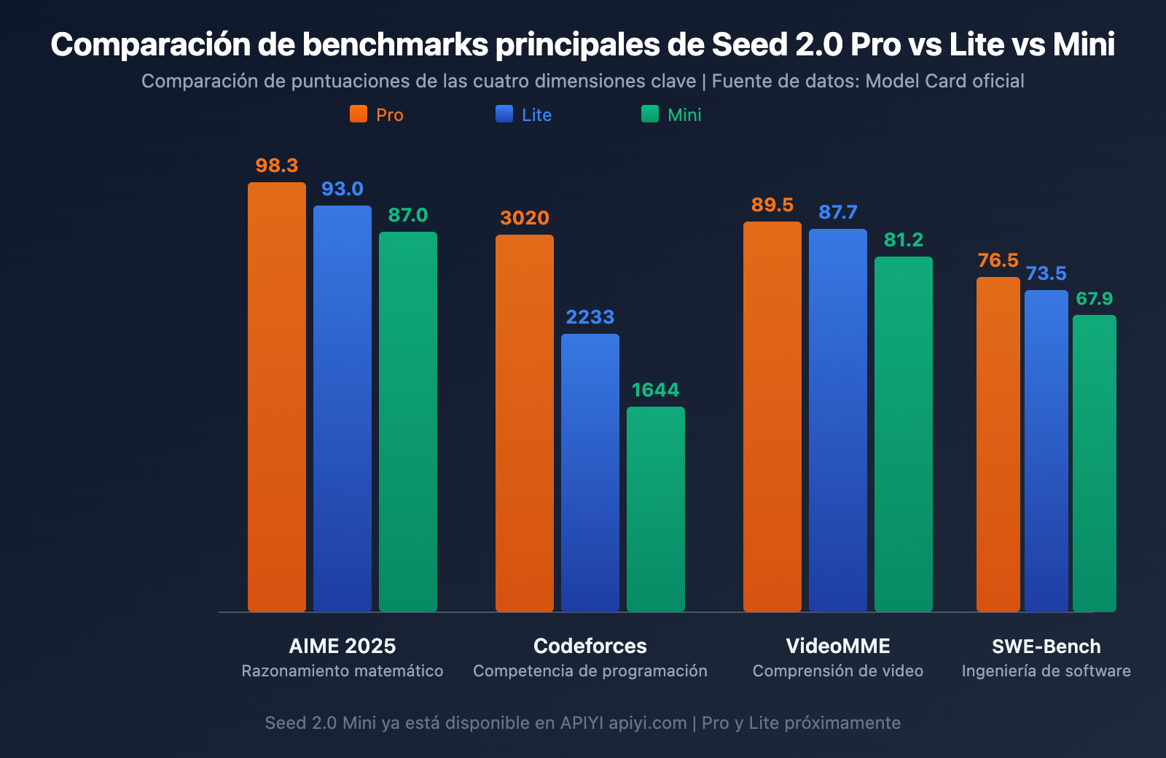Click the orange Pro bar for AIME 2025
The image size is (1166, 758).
(277, 397)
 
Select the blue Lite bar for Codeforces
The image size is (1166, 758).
(590, 472)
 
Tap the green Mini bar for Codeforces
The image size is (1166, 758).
(656, 509)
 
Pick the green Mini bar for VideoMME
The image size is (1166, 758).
(904, 434)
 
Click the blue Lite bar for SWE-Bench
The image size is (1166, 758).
(1046, 450)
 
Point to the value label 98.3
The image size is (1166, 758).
(277, 165)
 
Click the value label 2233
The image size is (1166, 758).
(590, 317)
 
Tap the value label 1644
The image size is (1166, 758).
(656, 390)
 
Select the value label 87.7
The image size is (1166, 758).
(838, 212)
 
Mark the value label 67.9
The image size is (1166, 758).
(1095, 299)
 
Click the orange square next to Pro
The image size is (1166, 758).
(359, 114)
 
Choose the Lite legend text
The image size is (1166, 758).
(536, 115)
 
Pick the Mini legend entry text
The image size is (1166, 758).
(684, 115)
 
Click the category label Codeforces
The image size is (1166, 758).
(590, 646)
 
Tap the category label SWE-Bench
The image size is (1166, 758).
(1046, 646)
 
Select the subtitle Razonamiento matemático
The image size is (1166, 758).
(343, 671)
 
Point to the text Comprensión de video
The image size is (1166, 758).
(838, 671)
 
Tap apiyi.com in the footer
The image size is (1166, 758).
(648, 723)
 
